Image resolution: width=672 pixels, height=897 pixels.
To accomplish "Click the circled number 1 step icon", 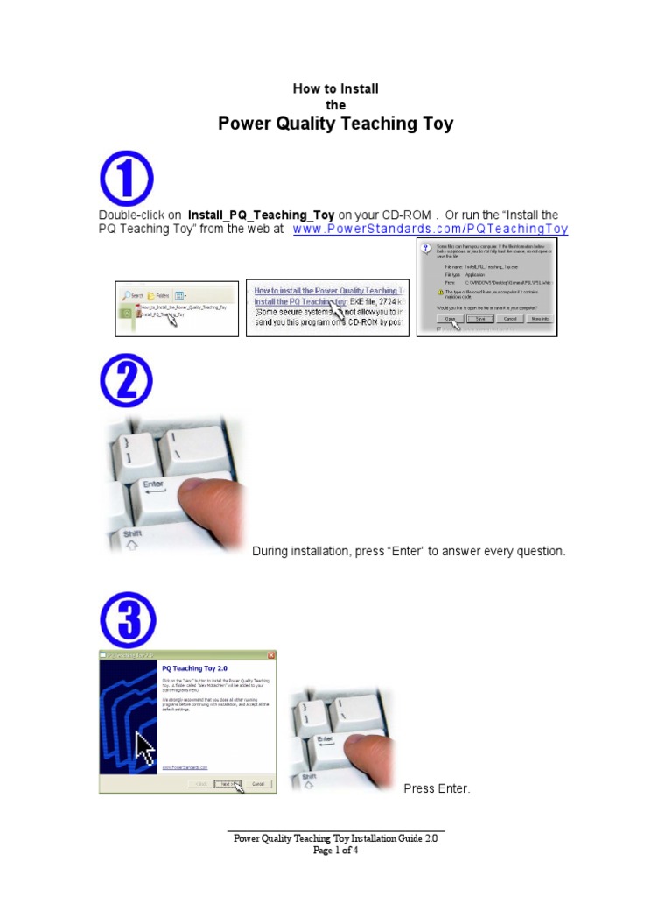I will (126, 178).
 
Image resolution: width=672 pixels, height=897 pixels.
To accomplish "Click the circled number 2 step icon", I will (126, 380).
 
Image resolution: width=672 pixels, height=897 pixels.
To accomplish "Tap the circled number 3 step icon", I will (126, 620).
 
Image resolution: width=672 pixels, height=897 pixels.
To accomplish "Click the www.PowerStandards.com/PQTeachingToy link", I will (430, 230).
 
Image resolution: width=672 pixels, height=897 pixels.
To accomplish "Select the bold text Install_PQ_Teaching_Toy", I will (261, 215).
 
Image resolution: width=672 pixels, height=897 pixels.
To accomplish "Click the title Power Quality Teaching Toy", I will (335, 124).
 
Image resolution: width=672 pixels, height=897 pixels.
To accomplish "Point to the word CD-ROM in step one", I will (405, 215).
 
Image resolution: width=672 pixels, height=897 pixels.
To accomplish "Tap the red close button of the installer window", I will (270, 655).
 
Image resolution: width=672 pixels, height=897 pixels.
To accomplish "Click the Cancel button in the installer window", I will (257, 784).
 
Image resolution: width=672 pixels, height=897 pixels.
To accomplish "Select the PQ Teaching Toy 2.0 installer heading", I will (191, 667).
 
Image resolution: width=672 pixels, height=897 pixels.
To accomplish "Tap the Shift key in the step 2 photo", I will (133, 533).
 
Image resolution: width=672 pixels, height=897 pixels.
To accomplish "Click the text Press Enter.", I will (437, 788).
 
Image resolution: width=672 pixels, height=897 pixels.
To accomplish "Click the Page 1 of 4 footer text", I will (335, 850).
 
